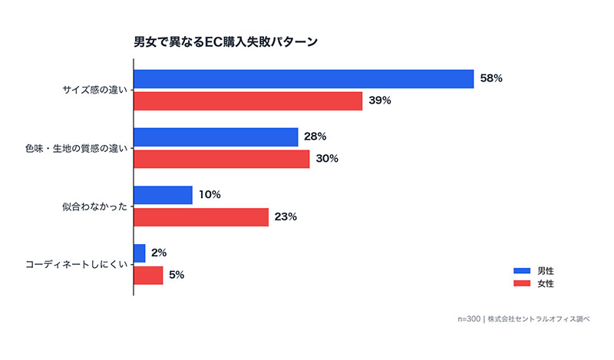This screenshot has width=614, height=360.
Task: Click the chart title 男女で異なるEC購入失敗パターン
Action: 226,41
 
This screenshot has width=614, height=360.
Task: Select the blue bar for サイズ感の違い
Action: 303,79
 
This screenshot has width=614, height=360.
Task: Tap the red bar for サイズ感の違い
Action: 248,101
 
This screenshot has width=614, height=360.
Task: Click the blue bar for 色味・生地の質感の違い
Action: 216,137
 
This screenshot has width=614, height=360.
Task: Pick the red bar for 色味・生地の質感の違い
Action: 222,159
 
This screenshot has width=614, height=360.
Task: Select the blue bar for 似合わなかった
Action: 163,195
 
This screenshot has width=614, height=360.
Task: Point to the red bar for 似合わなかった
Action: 201,217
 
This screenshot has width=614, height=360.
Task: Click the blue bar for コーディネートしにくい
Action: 140,253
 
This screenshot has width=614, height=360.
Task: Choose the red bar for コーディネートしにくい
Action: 148,276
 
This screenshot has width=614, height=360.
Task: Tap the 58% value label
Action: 491,79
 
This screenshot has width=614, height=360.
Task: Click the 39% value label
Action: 379,101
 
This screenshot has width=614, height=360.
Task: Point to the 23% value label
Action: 286,217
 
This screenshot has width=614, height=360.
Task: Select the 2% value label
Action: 159,253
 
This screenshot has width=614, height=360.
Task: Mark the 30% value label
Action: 327,159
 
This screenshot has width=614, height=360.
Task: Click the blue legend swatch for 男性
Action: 522,271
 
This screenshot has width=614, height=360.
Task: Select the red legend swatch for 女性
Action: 522,284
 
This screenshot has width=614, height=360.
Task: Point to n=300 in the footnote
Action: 469,318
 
